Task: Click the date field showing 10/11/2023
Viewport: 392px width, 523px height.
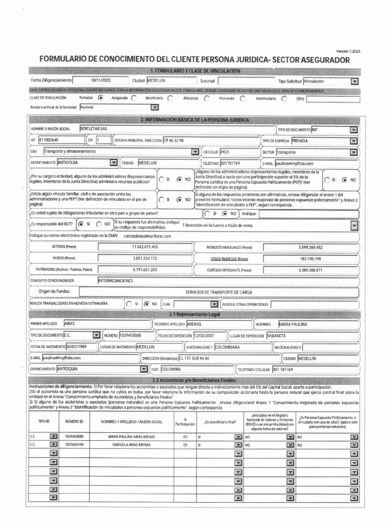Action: click(x=100, y=81)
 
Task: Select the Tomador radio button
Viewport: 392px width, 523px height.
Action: click(x=100, y=98)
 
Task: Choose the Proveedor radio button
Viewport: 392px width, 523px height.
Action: click(x=242, y=98)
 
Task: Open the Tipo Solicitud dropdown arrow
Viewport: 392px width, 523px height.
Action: click(x=354, y=81)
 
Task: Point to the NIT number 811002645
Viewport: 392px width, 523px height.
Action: click(x=49, y=140)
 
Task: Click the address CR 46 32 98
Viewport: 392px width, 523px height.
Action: click(x=174, y=140)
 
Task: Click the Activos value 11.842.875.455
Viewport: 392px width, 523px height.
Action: click(x=144, y=247)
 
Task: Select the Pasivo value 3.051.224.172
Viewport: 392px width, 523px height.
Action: click(x=144, y=258)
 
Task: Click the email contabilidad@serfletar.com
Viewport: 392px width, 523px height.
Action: click(x=148, y=236)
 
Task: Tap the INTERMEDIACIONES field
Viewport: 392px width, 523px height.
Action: click(x=116, y=280)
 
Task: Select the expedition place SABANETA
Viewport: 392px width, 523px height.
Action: click(x=276, y=336)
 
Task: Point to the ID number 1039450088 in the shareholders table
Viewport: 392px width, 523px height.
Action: click(x=74, y=437)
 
